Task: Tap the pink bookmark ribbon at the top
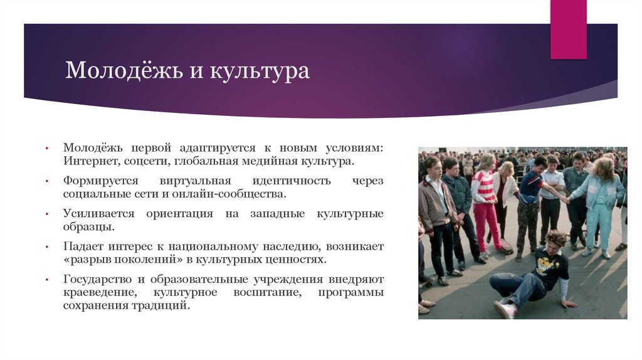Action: click(x=568, y=29)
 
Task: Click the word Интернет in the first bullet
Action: click(x=88, y=162)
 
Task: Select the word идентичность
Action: click(x=292, y=181)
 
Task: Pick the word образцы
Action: click(x=88, y=227)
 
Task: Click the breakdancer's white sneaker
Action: click(x=503, y=309)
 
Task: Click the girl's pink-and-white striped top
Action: click(x=483, y=187)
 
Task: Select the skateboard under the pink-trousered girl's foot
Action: click(x=505, y=251)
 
